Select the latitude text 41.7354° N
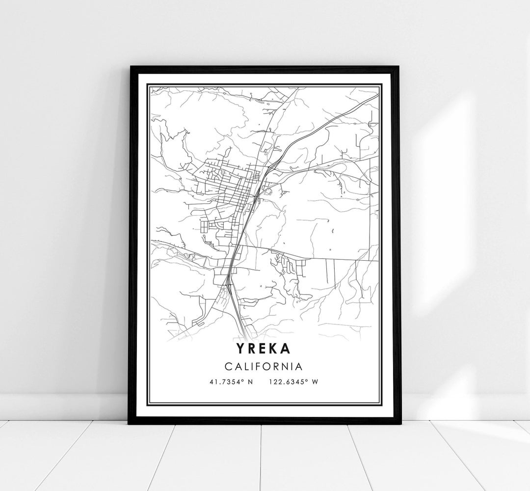click(x=231, y=382)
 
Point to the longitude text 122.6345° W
click(x=293, y=382)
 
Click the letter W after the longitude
click(x=316, y=382)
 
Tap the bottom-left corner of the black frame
click(x=130, y=423)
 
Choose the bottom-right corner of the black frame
click(x=400, y=423)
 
